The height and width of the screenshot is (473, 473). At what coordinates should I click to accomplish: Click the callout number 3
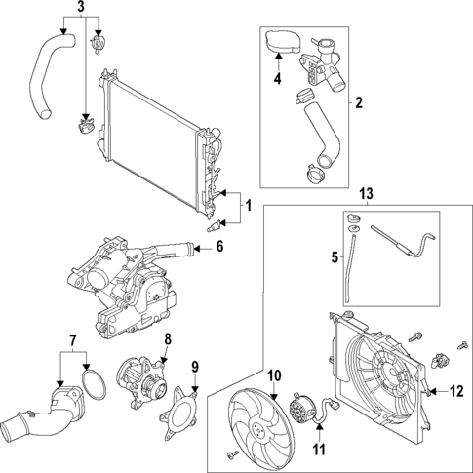click(81, 9)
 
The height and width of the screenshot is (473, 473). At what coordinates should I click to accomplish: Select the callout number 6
click(219, 248)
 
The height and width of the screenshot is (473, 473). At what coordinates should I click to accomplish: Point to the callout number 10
click(274, 374)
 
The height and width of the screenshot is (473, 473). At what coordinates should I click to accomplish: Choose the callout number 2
click(358, 102)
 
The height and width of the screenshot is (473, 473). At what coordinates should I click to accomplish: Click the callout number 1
click(248, 207)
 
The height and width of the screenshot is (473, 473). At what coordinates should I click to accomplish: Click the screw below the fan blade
click(230, 453)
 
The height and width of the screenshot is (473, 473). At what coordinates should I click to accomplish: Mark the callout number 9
click(194, 368)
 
